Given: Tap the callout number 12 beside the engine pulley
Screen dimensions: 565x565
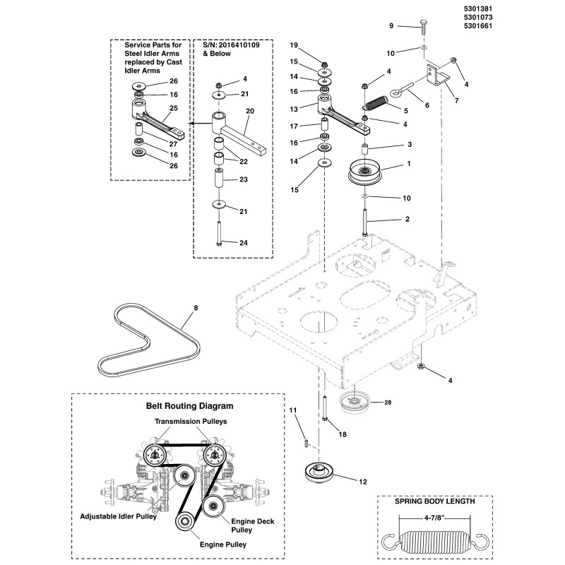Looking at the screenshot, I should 363,482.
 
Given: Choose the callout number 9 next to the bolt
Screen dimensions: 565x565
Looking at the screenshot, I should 391,25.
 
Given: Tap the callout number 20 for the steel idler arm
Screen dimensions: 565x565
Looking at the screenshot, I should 250,111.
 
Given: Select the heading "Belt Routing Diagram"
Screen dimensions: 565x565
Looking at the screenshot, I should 189,406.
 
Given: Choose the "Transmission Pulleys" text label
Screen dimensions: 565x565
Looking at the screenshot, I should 189,422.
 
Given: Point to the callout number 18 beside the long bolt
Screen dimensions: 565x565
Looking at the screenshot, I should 342,434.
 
